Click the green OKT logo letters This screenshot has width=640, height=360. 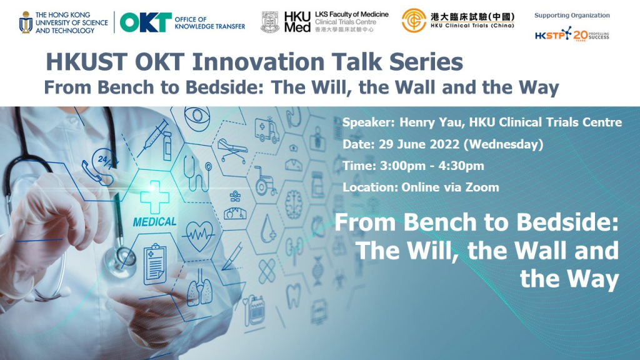pyautogui.click(x=146, y=22)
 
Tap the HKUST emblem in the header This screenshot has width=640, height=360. pyautogui.click(x=26, y=22)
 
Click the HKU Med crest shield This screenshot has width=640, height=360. pyautogui.click(x=270, y=22)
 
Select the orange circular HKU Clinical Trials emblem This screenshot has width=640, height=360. pyautogui.click(x=414, y=21)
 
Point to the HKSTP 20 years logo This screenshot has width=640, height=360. pyautogui.click(x=572, y=34)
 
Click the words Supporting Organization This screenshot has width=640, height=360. pyautogui.click(x=572, y=16)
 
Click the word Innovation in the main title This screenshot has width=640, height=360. pyautogui.click(x=258, y=62)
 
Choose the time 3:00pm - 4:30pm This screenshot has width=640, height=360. pyautogui.click(x=432, y=166)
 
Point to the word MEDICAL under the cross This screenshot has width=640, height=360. pyautogui.click(x=155, y=222)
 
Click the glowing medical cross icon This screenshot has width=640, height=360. pyautogui.click(x=154, y=197)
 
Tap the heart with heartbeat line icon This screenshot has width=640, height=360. pyautogui.click(x=199, y=236)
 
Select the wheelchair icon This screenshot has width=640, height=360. pyautogui.click(x=265, y=181)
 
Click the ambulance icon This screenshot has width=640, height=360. pyautogui.click(x=267, y=129)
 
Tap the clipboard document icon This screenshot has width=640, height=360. pyautogui.click(x=155, y=264)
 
